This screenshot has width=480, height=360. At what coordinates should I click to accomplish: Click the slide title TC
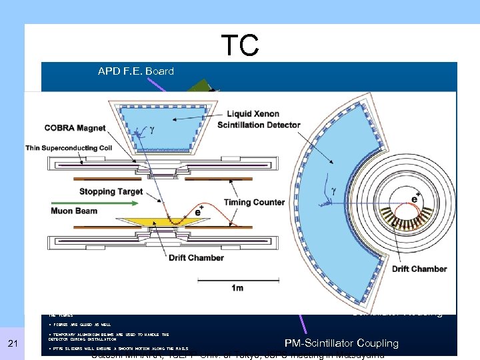point(239,45)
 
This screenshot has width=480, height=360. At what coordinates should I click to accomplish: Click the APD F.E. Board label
point(135,71)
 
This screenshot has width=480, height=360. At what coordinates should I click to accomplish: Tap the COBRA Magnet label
point(75,128)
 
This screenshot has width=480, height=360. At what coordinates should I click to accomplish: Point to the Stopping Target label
point(111,191)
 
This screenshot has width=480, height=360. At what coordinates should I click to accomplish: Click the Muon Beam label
point(73,211)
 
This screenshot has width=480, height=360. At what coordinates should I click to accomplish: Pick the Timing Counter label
point(255,202)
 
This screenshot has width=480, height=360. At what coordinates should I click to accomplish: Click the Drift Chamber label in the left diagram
point(197,257)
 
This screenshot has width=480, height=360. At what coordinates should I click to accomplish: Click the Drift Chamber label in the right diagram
point(419,269)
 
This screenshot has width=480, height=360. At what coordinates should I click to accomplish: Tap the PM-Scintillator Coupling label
point(341,343)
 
